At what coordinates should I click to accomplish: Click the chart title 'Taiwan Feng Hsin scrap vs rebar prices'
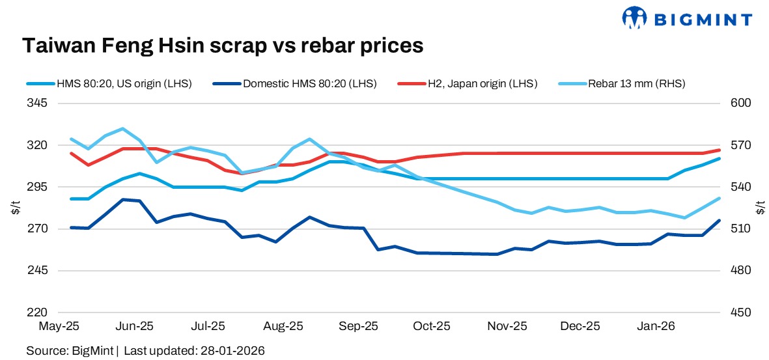pos(223,46)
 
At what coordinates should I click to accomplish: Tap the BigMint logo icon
pos(635,18)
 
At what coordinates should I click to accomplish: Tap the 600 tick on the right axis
pos(741,104)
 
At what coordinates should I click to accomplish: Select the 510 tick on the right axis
pos(741,228)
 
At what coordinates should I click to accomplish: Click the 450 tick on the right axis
pos(741,312)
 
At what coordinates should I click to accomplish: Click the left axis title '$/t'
pos(15,208)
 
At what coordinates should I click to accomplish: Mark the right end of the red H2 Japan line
pos(719,150)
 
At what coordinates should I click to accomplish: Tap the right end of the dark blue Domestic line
pos(719,221)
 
